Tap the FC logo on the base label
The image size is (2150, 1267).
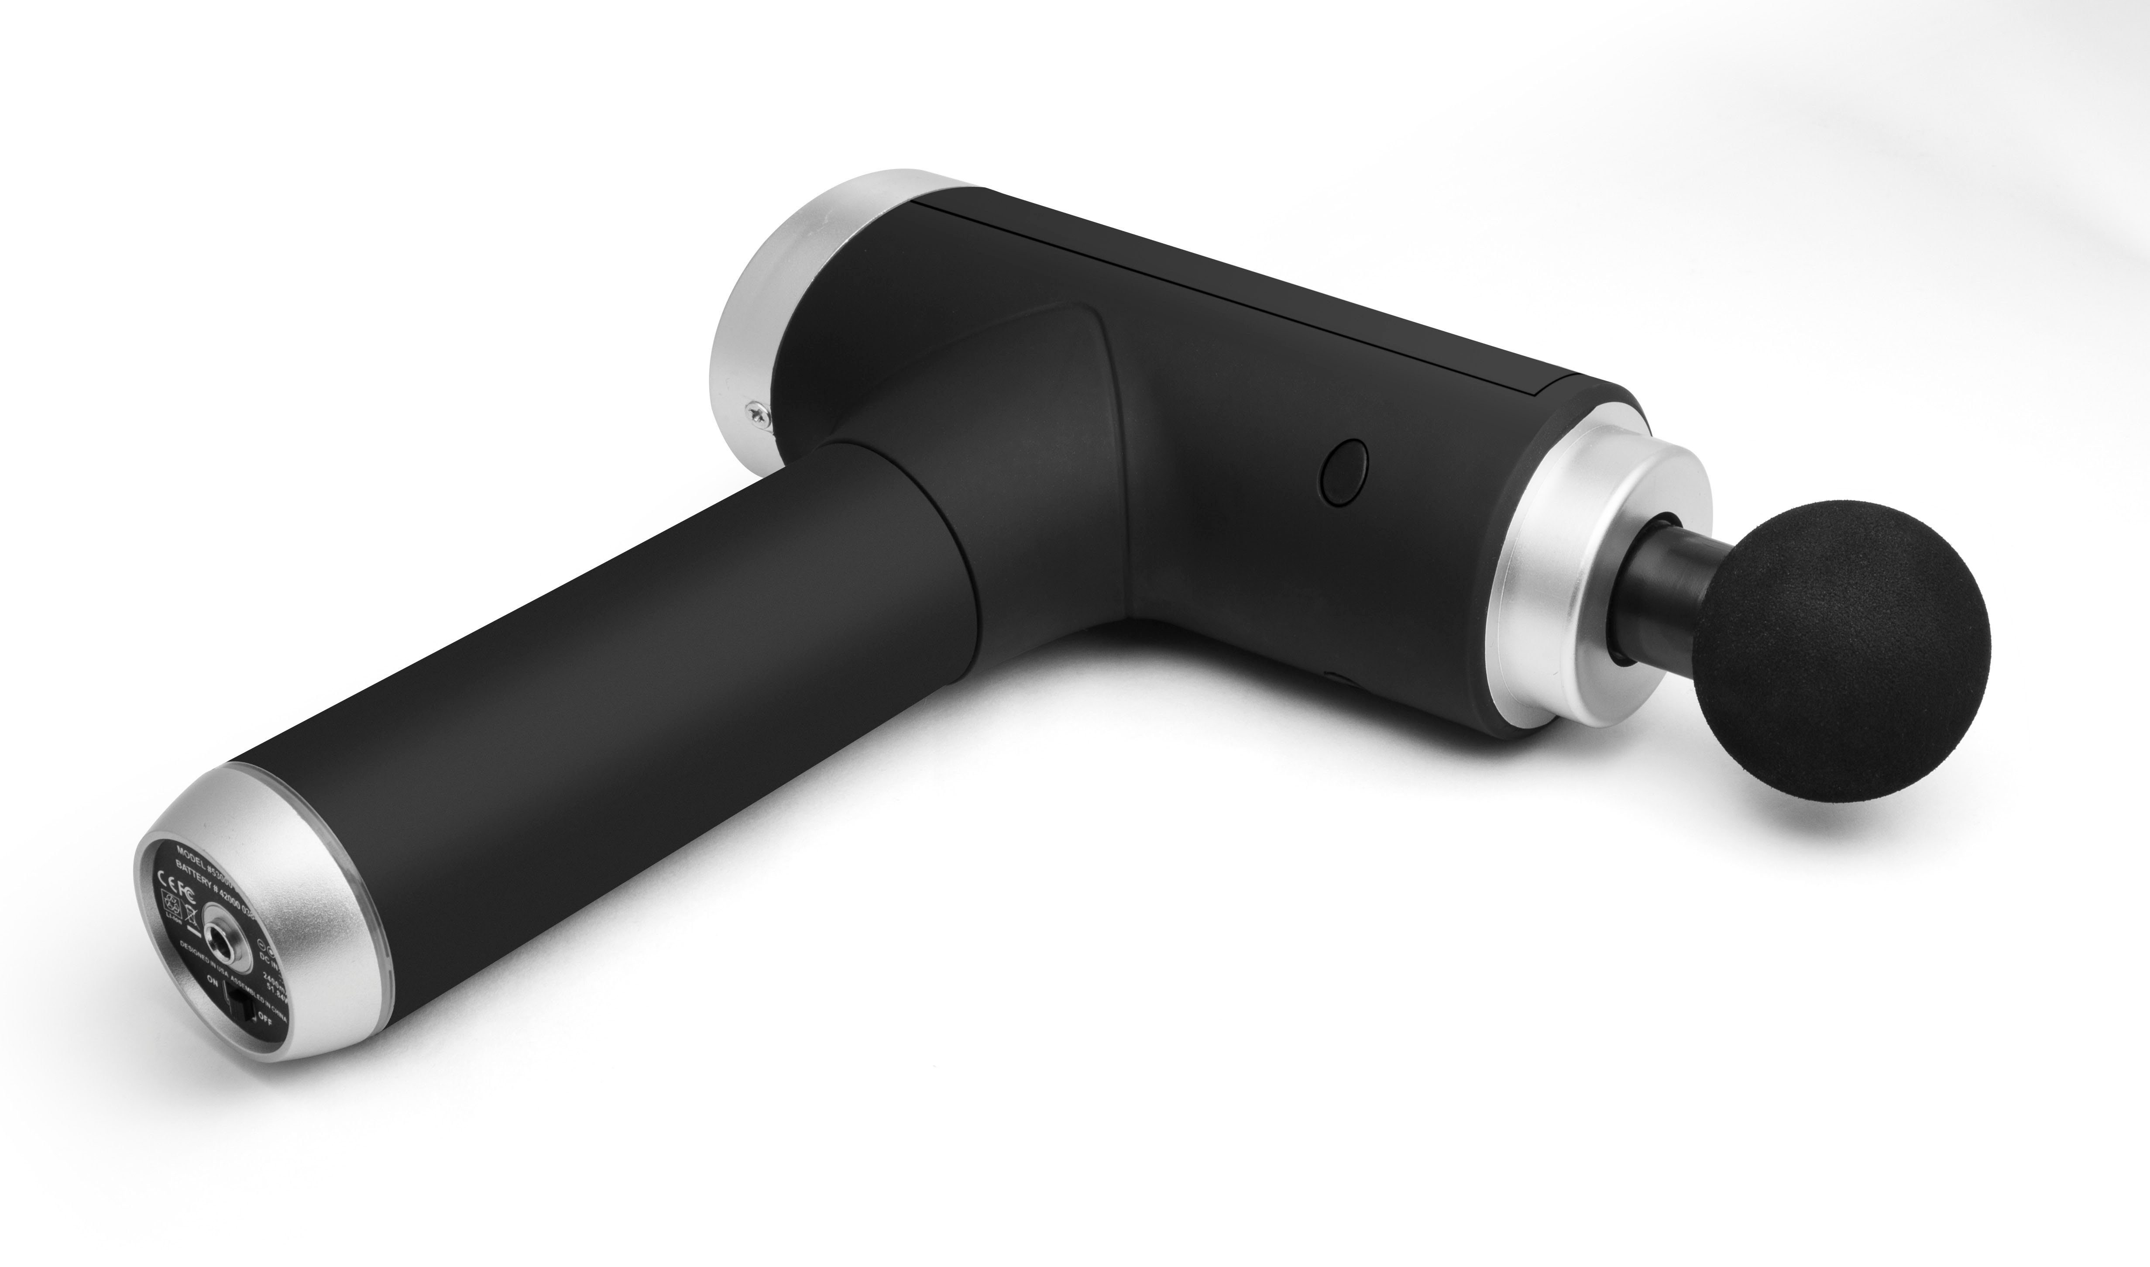tap(188, 895)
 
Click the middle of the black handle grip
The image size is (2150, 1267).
tap(598, 683)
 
